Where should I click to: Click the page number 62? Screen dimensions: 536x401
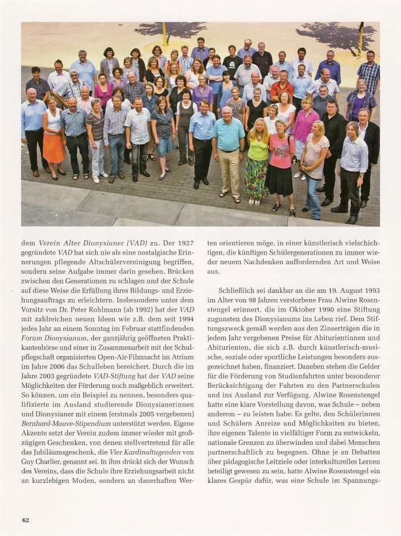click(x=26, y=519)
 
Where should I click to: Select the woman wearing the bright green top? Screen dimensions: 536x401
click(x=257, y=150)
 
